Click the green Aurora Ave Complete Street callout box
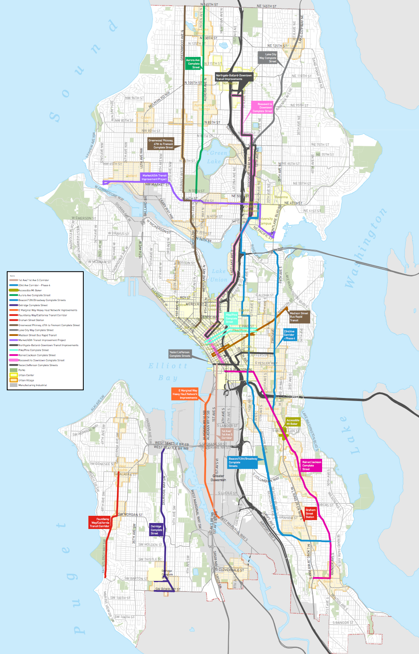point(193,64)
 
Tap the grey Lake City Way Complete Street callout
point(268,58)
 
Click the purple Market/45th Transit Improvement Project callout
point(154,177)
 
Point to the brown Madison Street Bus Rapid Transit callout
point(299,317)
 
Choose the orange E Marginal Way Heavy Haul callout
point(185,394)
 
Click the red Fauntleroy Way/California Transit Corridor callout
point(99,523)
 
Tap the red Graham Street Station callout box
point(310,513)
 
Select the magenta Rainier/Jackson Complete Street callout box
point(311,466)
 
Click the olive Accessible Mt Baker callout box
point(293,422)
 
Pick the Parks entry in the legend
point(22,370)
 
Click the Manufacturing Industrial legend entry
point(32,385)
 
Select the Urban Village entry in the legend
point(26,380)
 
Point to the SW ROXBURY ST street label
point(167,589)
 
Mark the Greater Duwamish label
point(218,478)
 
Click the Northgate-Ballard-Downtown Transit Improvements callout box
point(234,77)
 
